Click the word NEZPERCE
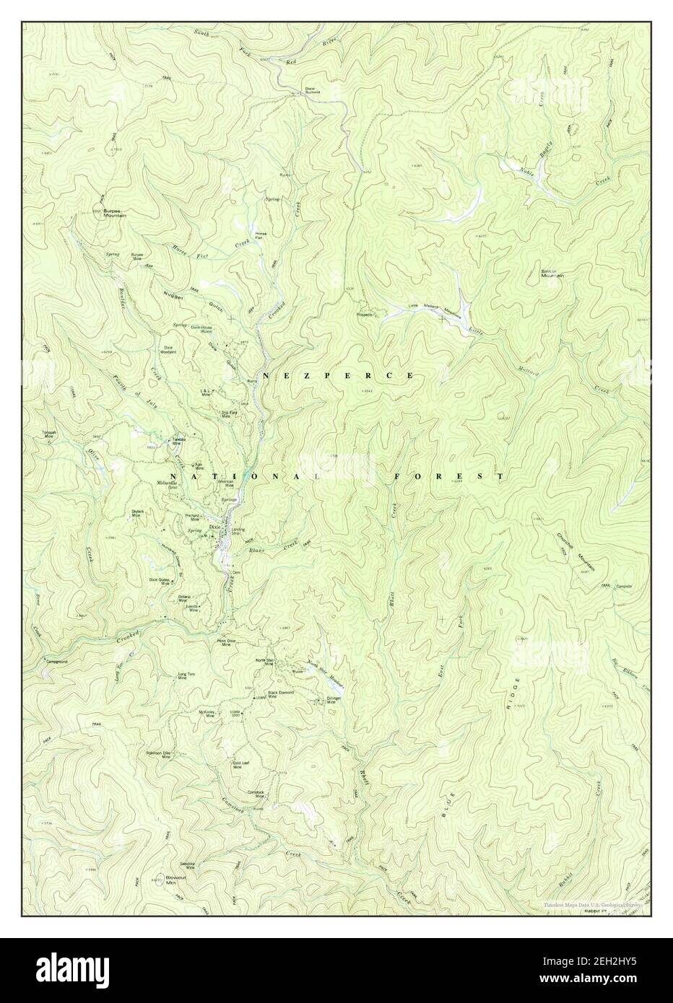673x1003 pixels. [x=338, y=376]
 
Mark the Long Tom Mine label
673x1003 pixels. [x=186, y=676]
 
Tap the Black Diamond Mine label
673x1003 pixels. [x=283, y=695]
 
